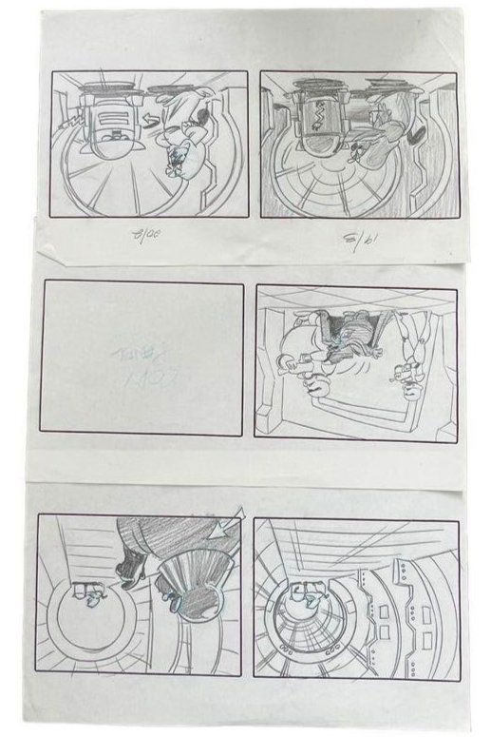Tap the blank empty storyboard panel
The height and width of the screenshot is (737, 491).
point(141,359)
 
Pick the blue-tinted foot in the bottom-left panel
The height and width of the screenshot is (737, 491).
point(172,600)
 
